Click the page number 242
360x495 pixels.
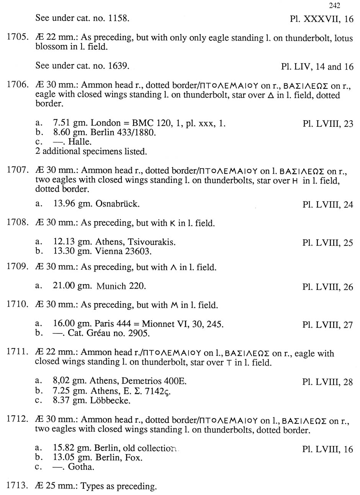[x=334, y=5]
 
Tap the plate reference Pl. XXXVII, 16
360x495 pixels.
[x=321, y=19]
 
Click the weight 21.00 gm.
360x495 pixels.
[x=72, y=286]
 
